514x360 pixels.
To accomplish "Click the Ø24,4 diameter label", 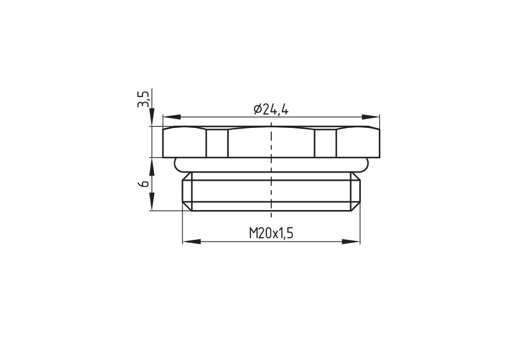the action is [271, 109].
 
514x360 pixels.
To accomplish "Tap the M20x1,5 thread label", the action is [271, 234].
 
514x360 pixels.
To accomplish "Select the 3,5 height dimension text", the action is [143, 99].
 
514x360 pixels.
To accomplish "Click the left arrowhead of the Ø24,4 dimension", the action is [172, 117].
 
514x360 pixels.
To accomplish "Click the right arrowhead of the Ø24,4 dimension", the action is [371, 117].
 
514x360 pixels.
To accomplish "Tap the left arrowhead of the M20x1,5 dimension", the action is [191, 242].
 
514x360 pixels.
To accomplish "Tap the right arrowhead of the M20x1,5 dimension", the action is [351, 242].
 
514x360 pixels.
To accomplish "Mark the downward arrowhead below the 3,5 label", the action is [152, 117].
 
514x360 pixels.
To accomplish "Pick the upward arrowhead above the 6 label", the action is [152, 167].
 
